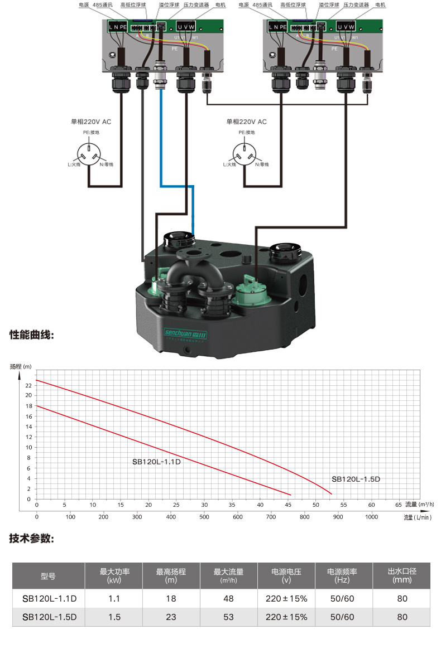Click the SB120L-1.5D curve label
click(x=355, y=479)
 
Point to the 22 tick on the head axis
click(x=29, y=385)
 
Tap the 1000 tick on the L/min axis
click(x=371, y=517)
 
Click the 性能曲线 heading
click(x=32, y=336)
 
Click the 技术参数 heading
click(x=32, y=539)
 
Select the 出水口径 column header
click(x=402, y=575)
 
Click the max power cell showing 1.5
click(x=114, y=617)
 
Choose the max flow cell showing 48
click(x=228, y=599)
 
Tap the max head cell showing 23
click(x=171, y=617)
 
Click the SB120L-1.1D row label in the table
click(x=49, y=599)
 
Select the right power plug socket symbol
click(x=245, y=151)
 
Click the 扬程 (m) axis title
click(x=22, y=366)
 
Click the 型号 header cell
click(x=49, y=576)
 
